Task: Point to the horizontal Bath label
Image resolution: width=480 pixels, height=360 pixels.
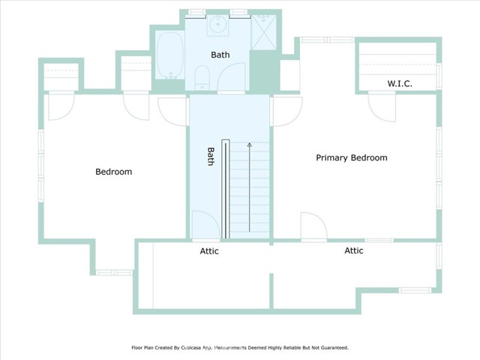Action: pyautogui.click(x=220, y=55)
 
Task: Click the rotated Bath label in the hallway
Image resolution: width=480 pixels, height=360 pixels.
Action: pyautogui.click(x=211, y=156)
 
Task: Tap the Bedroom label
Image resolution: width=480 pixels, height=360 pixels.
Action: pyautogui.click(x=113, y=172)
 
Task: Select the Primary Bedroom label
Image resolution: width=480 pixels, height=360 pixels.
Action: pyautogui.click(x=351, y=157)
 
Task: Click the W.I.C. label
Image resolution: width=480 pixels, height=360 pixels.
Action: pyautogui.click(x=400, y=83)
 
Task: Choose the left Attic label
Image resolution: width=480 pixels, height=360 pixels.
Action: pyautogui.click(x=209, y=251)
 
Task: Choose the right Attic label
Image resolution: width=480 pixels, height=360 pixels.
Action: pyautogui.click(x=353, y=250)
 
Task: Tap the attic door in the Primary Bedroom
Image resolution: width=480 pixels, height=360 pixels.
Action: pyautogui.click(x=311, y=226)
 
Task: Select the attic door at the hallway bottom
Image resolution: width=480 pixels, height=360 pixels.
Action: pyautogui.click(x=205, y=225)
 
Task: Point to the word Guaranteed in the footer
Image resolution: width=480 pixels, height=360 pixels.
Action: pyautogui.click(x=331, y=348)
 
